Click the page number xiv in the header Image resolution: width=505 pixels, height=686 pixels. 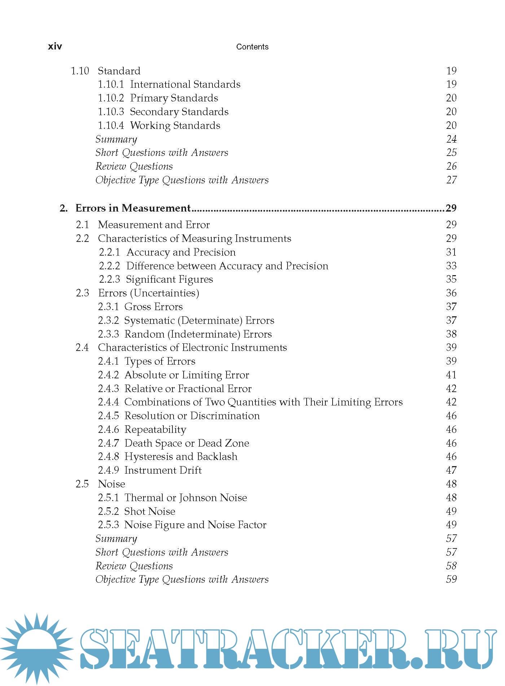pyautogui.click(x=55, y=46)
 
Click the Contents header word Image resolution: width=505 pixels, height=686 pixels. pyautogui.click(x=252, y=47)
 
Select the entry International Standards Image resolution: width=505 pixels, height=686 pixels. pyautogui.click(x=185, y=84)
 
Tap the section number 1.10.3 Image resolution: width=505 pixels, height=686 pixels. pyautogui.click(x=111, y=112)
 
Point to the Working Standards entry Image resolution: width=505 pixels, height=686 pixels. pyautogui.click(x=175, y=126)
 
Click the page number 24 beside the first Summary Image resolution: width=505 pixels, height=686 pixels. pyautogui.click(x=451, y=139)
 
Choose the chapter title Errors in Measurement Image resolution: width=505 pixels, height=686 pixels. pyautogui.click(x=133, y=208)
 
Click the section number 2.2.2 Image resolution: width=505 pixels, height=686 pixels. pyautogui.click(x=109, y=266)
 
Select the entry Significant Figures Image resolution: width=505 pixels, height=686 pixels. pyautogui.click(x=169, y=279)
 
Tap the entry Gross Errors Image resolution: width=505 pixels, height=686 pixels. pyautogui.click(x=153, y=307)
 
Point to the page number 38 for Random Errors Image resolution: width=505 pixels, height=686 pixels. pyautogui.click(x=451, y=334)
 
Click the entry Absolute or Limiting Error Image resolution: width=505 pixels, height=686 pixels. pyautogui.click(x=186, y=375)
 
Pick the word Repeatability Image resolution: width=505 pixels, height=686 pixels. pyautogui.click(x=155, y=430)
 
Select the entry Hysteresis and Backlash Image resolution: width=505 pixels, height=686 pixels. pyautogui.click(x=181, y=457)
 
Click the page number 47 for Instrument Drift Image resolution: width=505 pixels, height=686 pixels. pyautogui.click(x=451, y=470)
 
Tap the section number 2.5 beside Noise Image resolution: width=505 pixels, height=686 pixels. pyautogui.click(x=82, y=484)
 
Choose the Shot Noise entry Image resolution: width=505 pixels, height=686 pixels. pyautogui.click(x=150, y=512)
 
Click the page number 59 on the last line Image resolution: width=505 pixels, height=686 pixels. pyautogui.click(x=451, y=579)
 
